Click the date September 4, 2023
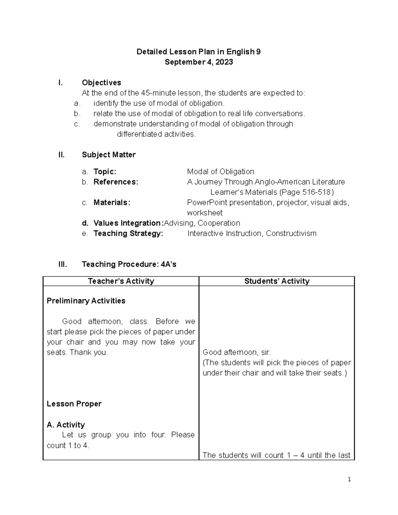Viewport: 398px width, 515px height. [x=199, y=62]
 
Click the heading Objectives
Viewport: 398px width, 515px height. [x=101, y=83]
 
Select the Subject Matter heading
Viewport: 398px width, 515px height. [x=108, y=155]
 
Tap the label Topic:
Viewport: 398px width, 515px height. [x=105, y=172]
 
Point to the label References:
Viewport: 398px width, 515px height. [x=116, y=182]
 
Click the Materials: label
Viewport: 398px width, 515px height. [x=112, y=203]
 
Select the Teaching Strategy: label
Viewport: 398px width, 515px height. [x=128, y=233]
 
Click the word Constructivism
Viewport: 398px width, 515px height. [x=291, y=233]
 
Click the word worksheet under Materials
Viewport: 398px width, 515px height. [x=205, y=213]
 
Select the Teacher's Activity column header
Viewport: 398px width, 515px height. [x=121, y=281]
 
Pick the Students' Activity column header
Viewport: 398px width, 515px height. [x=277, y=281]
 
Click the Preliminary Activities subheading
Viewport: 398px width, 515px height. [x=86, y=301]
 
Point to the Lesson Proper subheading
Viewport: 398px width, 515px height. [x=74, y=404]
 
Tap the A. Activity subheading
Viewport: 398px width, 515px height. [x=66, y=425]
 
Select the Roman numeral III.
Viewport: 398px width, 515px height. [x=62, y=264]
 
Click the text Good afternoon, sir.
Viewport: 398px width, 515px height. [x=236, y=352]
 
